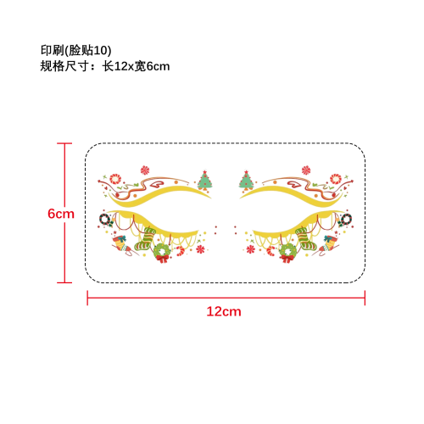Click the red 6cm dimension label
tap(61, 214)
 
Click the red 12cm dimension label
tap(224, 311)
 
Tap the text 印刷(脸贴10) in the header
tap(76, 50)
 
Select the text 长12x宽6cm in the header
tap(136, 66)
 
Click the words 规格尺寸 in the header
tap(64, 66)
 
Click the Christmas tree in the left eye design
tap(204, 180)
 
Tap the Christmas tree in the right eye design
tap(247, 180)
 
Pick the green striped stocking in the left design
tap(145, 239)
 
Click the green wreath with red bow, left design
tap(162, 253)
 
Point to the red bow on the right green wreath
tap(287, 259)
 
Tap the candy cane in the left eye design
tap(180, 251)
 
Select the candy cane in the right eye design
tap(271, 251)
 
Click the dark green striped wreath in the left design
tap(105, 220)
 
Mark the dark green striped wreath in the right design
tap(346, 220)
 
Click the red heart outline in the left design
tap(157, 184)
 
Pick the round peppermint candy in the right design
tap(336, 179)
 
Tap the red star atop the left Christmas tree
tap(204, 172)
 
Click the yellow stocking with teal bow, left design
tap(121, 243)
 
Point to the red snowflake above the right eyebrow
tap(306, 170)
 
